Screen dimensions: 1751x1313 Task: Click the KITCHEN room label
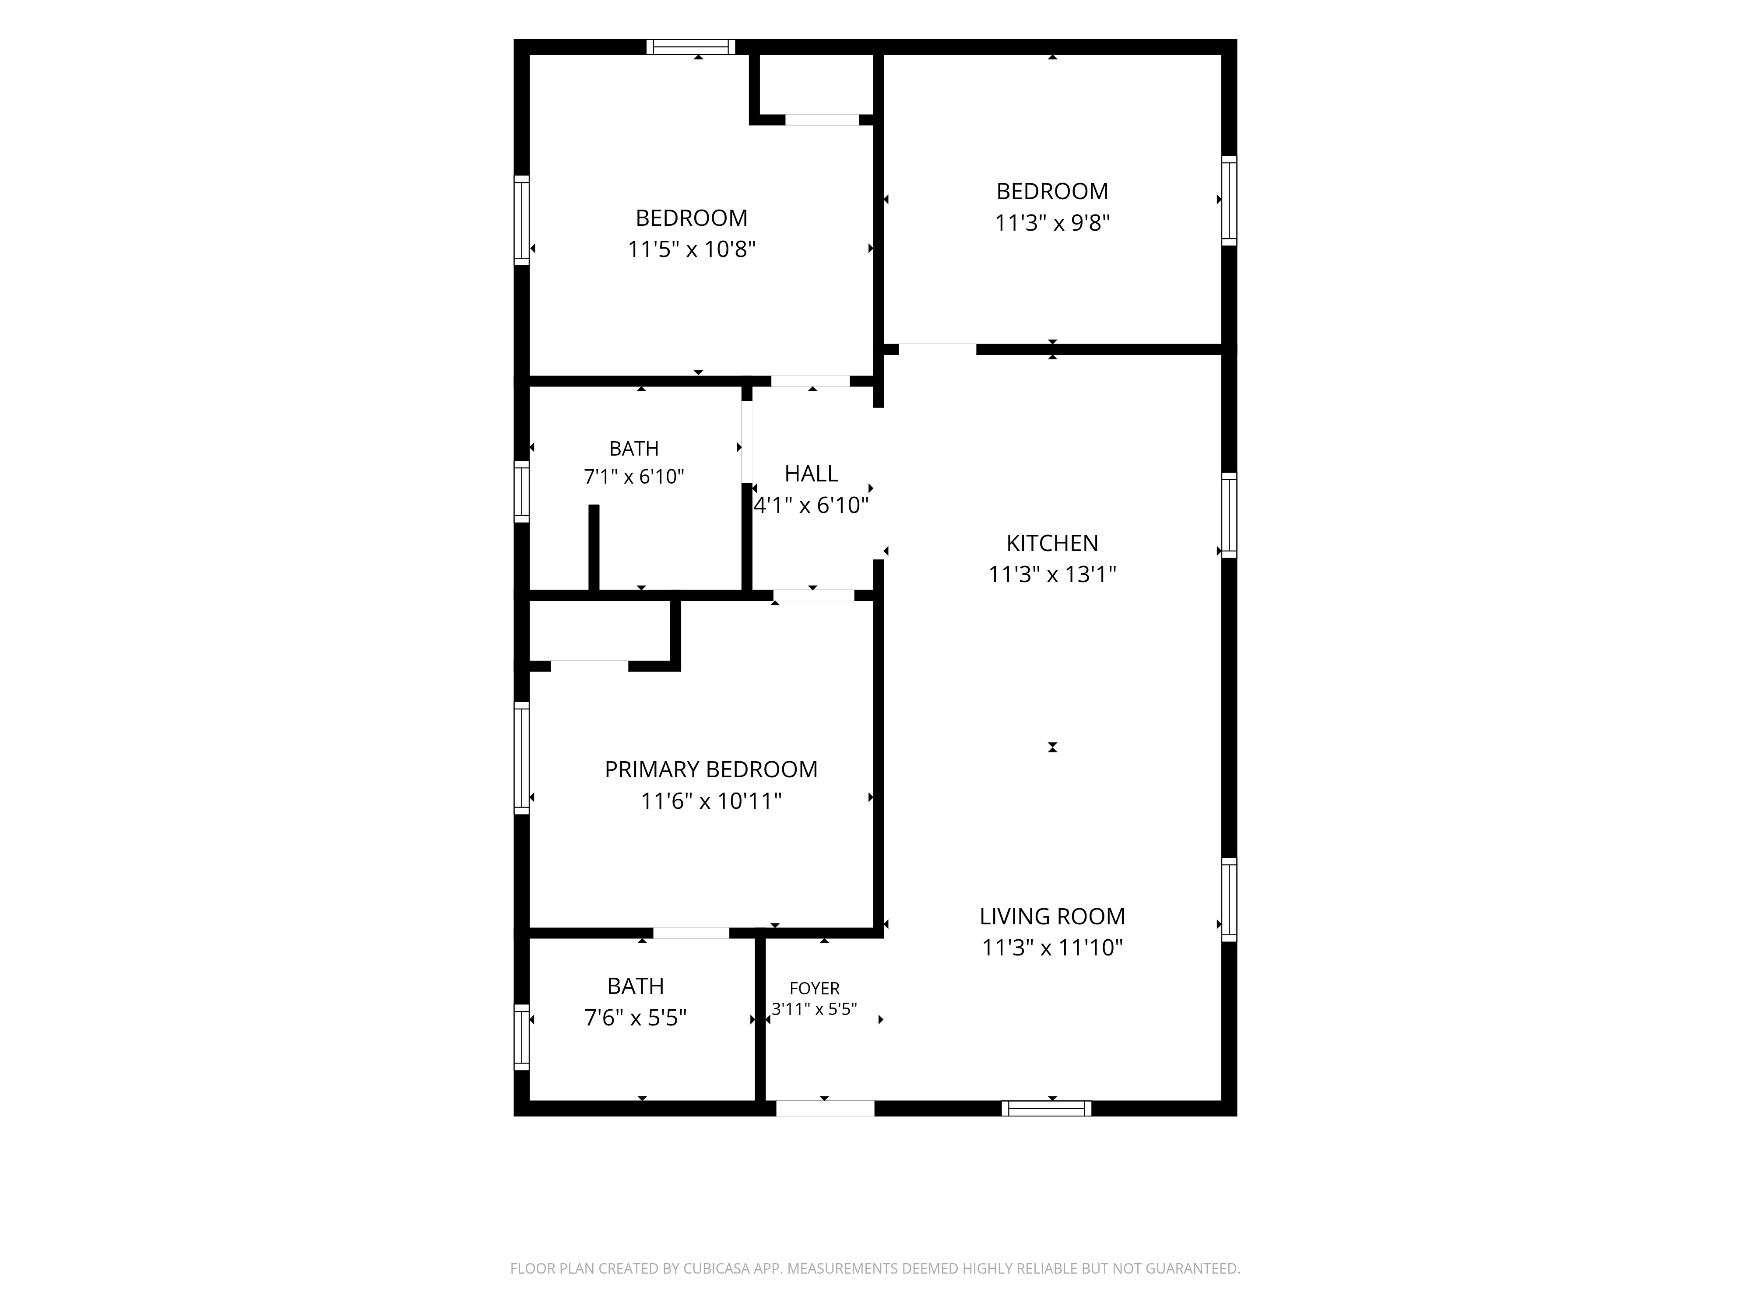[1052, 543]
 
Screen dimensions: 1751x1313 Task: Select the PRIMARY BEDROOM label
[711, 769]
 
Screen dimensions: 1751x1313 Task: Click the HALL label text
[812, 473]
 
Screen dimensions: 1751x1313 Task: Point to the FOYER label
[815, 989]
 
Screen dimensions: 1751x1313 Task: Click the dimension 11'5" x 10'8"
[692, 249]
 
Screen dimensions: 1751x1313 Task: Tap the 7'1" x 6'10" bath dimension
[634, 477]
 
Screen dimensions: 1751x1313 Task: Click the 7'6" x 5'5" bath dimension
[636, 1017]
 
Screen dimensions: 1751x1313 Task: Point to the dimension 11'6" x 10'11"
[711, 801]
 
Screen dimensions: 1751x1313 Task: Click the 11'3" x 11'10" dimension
[1052, 948]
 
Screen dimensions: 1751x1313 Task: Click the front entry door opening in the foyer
[825, 1108]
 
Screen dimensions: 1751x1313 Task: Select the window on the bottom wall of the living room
[1047, 1109]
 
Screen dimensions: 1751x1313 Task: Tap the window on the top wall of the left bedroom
[691, 47]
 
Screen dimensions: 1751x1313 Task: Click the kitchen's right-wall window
[1229, 515]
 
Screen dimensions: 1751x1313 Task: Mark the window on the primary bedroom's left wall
[522, 758]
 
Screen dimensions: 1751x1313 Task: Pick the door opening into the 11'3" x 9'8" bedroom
[937, 349]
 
